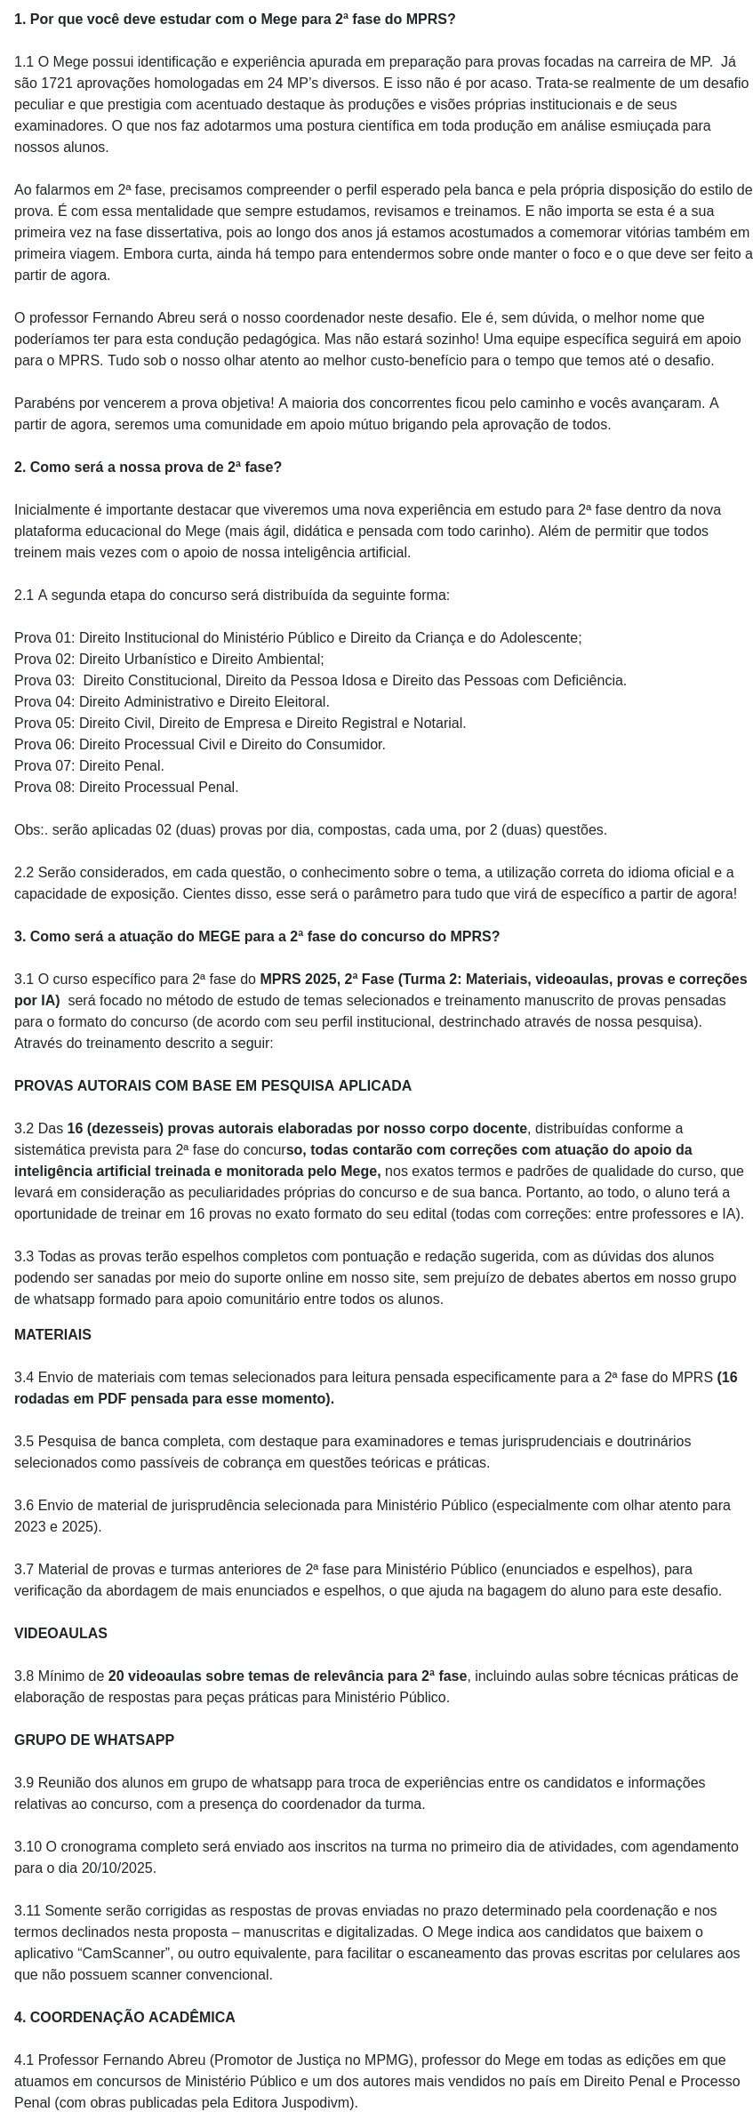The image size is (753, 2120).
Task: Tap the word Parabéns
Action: click(44, 403)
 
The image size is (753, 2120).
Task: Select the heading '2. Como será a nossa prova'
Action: click(148, 467)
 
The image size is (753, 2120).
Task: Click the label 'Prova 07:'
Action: click(44, 765)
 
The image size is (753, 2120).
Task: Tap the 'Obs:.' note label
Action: click(31, 829)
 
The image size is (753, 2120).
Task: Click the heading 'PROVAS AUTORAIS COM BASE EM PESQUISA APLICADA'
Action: click(212, 1085)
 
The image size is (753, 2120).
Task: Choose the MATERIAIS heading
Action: click(52, 1334)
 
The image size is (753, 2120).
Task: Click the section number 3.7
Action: click(24, 1569)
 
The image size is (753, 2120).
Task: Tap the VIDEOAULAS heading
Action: click(60, 1633)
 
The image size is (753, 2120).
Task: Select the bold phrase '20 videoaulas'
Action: click(153, 1676)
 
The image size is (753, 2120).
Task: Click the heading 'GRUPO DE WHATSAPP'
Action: click(94, 1740)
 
